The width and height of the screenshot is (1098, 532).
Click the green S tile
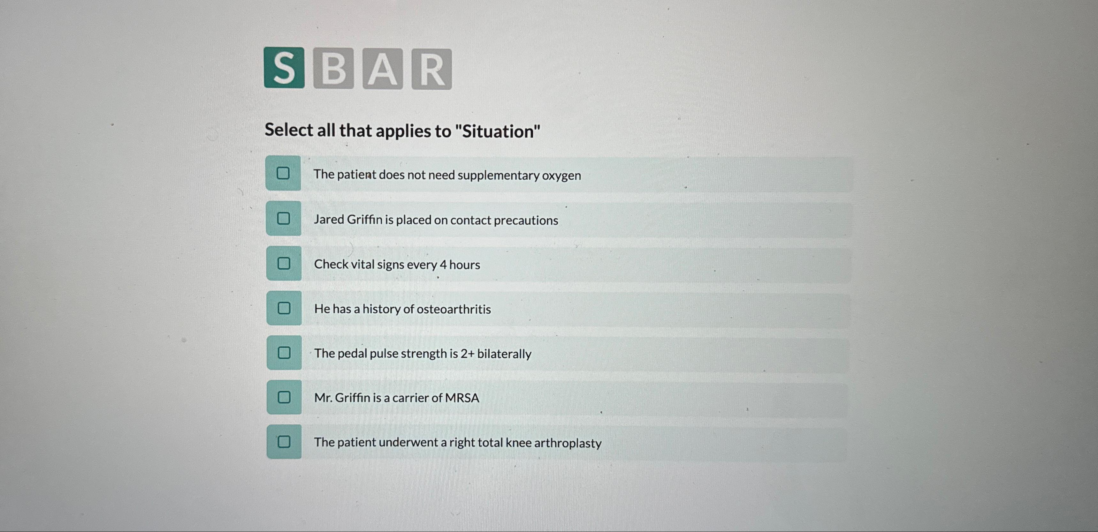(x=284, y=68)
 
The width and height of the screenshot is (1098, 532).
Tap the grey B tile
(x=333, y=68)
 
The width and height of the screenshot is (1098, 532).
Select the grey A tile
(x=382, y=69)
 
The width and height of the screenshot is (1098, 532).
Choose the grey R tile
(x=431, y=69)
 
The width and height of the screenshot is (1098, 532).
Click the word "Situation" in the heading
(x=498, y=131)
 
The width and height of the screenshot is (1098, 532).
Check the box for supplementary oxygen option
(x=283, y=173)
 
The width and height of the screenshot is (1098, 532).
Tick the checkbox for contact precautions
(x=284, y=219)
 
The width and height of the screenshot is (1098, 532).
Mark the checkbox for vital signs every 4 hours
(x=284, y=263)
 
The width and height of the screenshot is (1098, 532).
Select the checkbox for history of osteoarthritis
(x=284, y=308)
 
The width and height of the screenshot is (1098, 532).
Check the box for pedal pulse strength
(x=284, y=352)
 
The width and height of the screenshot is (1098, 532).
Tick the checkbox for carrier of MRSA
(x=284, y=397)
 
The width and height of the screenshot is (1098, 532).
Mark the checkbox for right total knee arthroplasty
(x=284, y=442)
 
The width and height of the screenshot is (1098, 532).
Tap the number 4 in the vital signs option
(x=443, y=265)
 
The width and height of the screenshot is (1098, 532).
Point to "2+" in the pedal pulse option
(x=468, y=354)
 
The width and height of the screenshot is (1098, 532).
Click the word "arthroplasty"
(x=568, y=443)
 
